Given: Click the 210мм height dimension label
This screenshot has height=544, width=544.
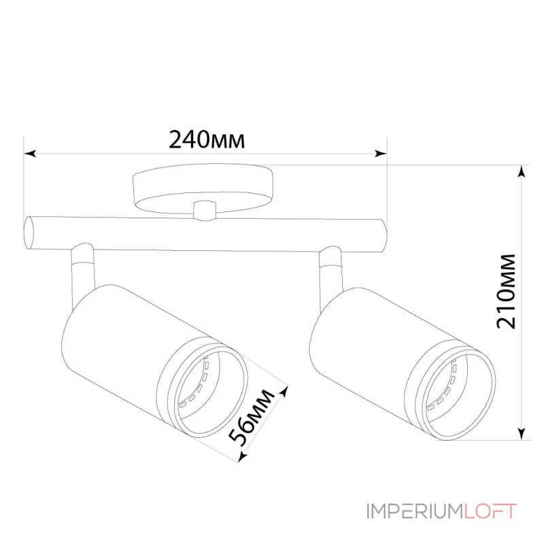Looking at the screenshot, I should [x=507, y=291].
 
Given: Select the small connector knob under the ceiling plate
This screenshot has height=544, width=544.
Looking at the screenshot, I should [x=203, y=210].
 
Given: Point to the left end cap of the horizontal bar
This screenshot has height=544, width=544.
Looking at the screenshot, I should [x=29, y=233].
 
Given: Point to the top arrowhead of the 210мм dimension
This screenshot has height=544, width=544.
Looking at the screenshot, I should [x=522, y=171].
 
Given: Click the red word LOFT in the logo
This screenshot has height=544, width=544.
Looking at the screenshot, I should [x=491, y=511].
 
